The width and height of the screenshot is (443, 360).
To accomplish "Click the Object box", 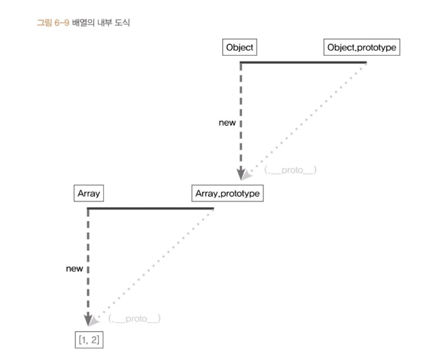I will click(x=239, y=48).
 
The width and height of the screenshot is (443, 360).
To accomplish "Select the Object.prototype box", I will click(x=361, y=48).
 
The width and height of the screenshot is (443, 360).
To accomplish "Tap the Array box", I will click(x=89, y=193).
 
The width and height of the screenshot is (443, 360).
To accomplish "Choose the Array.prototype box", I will click(x=227, y=193).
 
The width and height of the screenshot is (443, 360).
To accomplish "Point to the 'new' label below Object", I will click(x=227, y=122).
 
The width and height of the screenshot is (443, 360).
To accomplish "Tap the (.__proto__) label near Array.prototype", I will click(x=290, y=170).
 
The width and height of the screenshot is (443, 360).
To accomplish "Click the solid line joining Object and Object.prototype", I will click(x=303, y=62).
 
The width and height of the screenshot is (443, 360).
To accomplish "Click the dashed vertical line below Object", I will click(x=240, y=108).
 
